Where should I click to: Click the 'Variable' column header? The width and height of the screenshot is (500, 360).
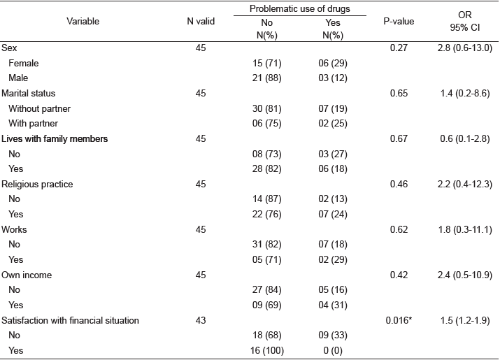coord(83,21)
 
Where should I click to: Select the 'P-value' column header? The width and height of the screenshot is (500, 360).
coord(399,21)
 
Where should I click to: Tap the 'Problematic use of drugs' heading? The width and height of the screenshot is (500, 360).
coord(289,8)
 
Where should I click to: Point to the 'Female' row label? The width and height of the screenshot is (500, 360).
coord(24,63)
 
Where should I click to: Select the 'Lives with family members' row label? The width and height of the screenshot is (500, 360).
coord(55,138)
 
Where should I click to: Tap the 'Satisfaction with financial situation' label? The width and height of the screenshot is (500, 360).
coord(71,320)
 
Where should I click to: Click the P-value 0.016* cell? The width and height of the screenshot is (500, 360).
coord(399,320)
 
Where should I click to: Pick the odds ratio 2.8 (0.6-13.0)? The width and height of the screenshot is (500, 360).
coord(464,48)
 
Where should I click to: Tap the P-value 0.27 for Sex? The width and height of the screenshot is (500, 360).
coord(399,48)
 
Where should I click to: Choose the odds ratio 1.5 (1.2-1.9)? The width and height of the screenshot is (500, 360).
coord(464,320)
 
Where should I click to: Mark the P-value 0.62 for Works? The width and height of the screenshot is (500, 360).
coord(399,229)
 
